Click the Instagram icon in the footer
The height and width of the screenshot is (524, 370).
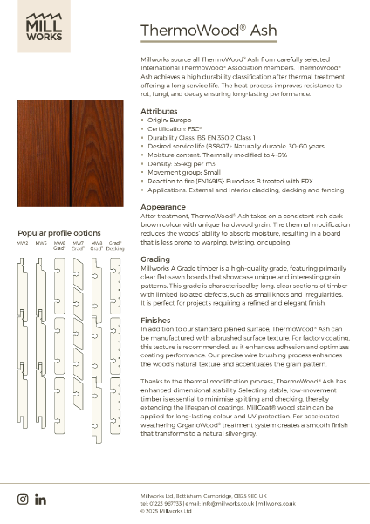[x=23, y=499]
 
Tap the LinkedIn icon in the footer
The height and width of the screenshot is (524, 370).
[x=40, y=499]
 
